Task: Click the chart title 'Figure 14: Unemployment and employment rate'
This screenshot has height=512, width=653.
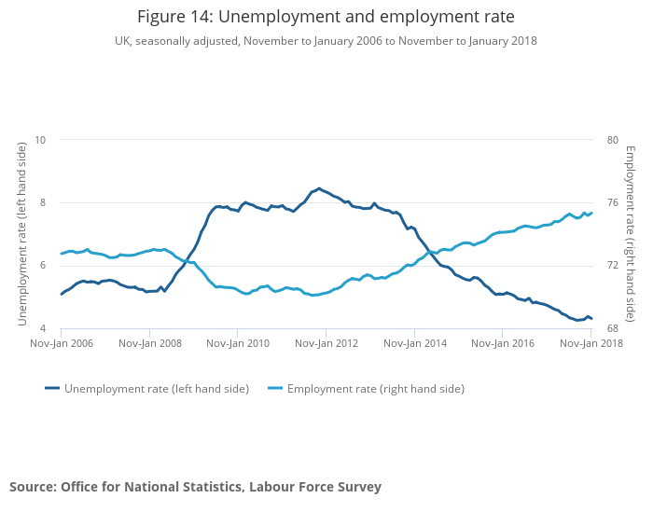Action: pyautogui.click(x=326, y=17)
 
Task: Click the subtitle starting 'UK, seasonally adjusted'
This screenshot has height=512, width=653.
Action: pyautogui.click(x=326, y=41)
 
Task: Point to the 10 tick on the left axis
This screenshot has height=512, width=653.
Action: pyautogui.click(x=40, y=140)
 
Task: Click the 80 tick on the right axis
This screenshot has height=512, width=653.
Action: pyautogui.click(x=613, y=140)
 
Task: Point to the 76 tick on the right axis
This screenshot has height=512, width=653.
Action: pyautogui.click(x=613, y=203)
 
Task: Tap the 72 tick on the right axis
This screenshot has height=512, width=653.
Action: pyautogui.click(x=613, y=266)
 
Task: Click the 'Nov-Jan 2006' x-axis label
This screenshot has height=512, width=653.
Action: pyautogui.click(x=62, y=343)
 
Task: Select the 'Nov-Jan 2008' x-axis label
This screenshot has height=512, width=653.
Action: pyautogui.click(x=149, y=343)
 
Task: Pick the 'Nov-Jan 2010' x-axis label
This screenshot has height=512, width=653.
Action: pyautogui.click(x=238, y=343)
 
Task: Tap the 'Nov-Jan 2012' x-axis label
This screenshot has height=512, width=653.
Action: pyautogui.click(x=326, y=343)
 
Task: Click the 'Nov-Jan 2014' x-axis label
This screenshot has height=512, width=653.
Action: pyautogui.click(x=414, y=343)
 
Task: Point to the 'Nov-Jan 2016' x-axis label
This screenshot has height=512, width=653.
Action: pyautogui.click(x=503, y=343)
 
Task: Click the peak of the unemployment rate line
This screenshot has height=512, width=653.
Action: pyautogui.click(x=319, y=188)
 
